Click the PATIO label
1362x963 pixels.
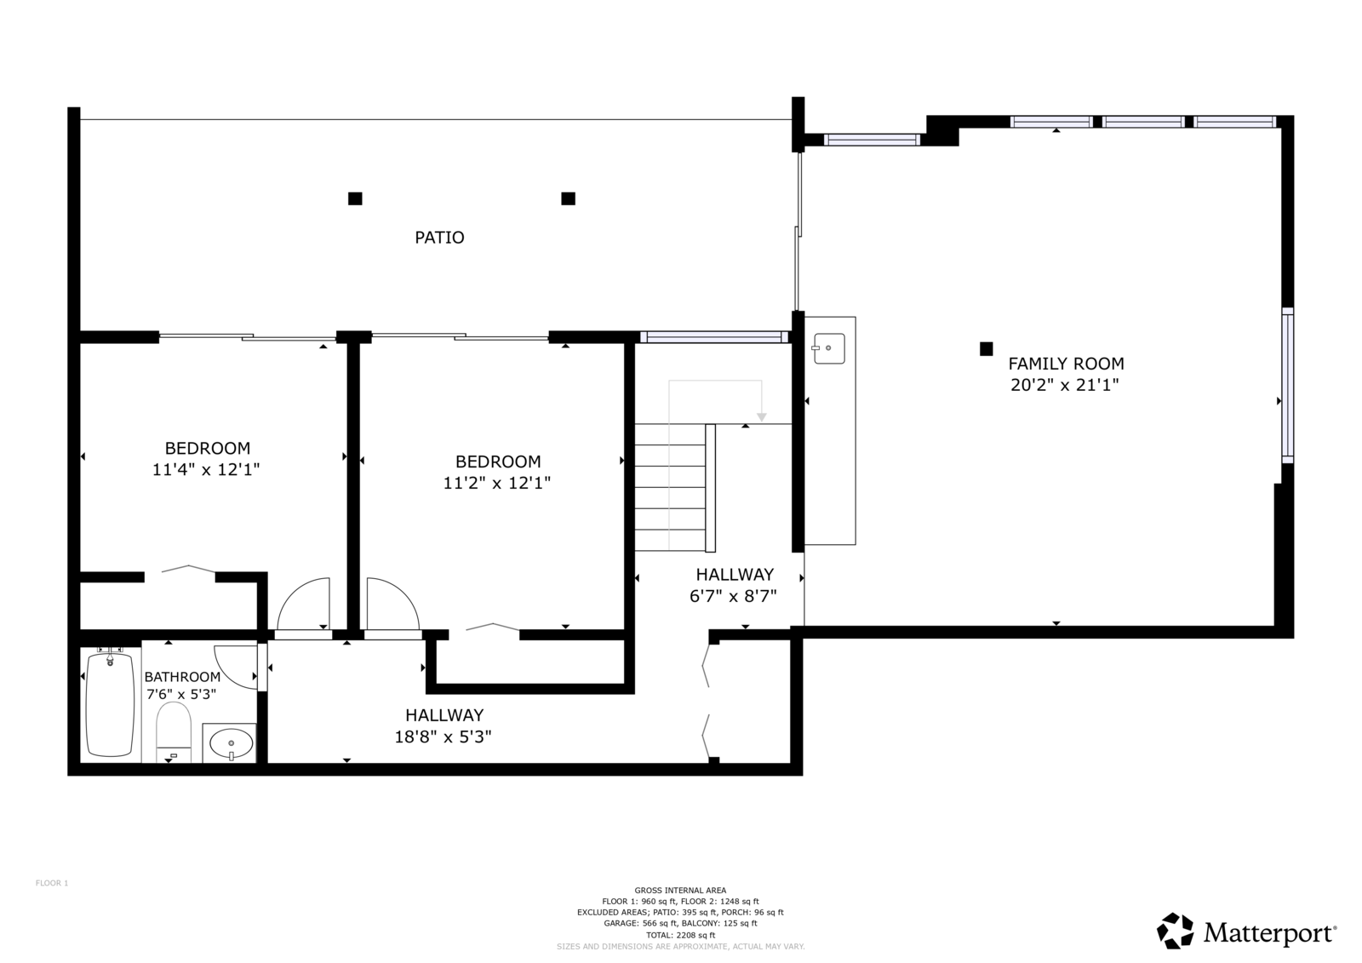[439, 238]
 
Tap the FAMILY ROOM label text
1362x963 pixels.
[1066, 364]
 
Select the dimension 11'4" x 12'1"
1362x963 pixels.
[206, 470]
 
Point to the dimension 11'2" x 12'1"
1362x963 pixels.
[497, 483]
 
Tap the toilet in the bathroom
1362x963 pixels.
[174, 732]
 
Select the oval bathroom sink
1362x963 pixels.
[231, 743]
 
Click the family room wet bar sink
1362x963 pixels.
[829, 348]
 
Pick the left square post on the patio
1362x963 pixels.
[355, 198]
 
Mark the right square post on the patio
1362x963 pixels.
[568, 198]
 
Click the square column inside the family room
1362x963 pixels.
[987, 348]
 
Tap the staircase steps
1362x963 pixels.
[671, 487]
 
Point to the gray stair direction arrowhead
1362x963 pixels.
[761, 417]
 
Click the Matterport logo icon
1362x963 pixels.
[1175, 931]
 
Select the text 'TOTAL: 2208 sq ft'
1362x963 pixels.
[680, 935]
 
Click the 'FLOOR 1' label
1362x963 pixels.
[52, 883]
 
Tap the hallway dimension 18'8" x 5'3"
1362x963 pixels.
[443, 737]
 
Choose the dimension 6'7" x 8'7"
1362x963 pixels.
[733, 596]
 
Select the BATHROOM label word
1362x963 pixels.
[182, 676]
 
